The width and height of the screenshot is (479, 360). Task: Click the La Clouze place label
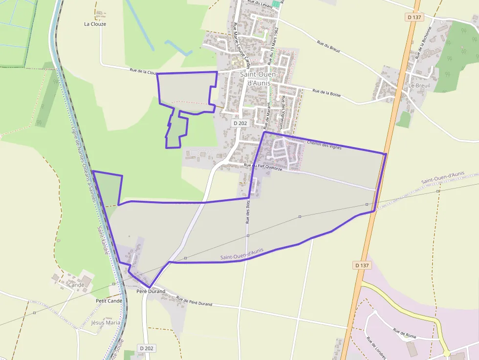pyautogui.click(x=95, y=24)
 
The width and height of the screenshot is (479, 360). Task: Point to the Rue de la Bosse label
pyautogui.click(x=327, y=92)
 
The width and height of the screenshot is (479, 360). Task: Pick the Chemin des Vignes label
pyautogui.click(x=324, y=145)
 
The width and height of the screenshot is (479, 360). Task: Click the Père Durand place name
pyautogui.click(x=151, y=292)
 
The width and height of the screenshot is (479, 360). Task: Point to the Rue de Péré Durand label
pyautogui.click(x=194, y=301)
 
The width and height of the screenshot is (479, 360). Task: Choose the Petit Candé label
pyautogui.click(x=109, y=301)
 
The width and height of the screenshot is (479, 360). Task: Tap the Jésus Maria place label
pyautogui.click(x=105, y=323)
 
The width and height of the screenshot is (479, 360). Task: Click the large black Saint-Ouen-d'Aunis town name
pyautogui.click(x=259, y=79)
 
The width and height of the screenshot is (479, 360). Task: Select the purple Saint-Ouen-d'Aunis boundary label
pyautogui.click(x=241, y=254)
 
